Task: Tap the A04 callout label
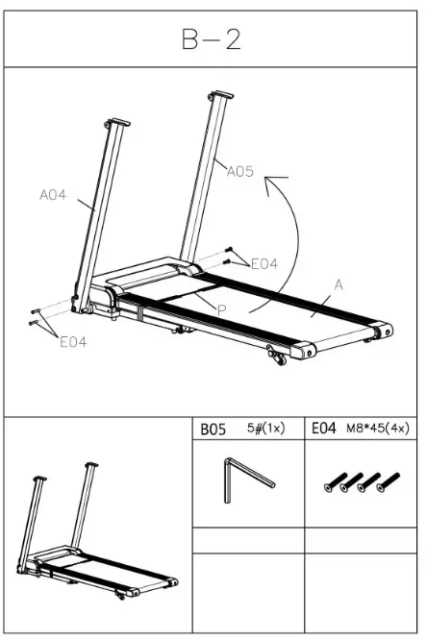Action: click(x=52, y=195)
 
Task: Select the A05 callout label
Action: click(x=240, y=172)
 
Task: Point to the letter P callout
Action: click(x=221, y=309)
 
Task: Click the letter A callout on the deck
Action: click(x=339, y=284)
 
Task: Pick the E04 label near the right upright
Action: click(x=264, y=264)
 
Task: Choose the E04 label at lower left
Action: click(x=73, y=341)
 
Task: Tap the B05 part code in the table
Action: click(x=213, y=431)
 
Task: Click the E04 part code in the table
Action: click(x=323, y=431)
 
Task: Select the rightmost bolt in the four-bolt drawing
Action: click(x=387, y=480)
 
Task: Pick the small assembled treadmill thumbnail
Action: click(x=96, y=533)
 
